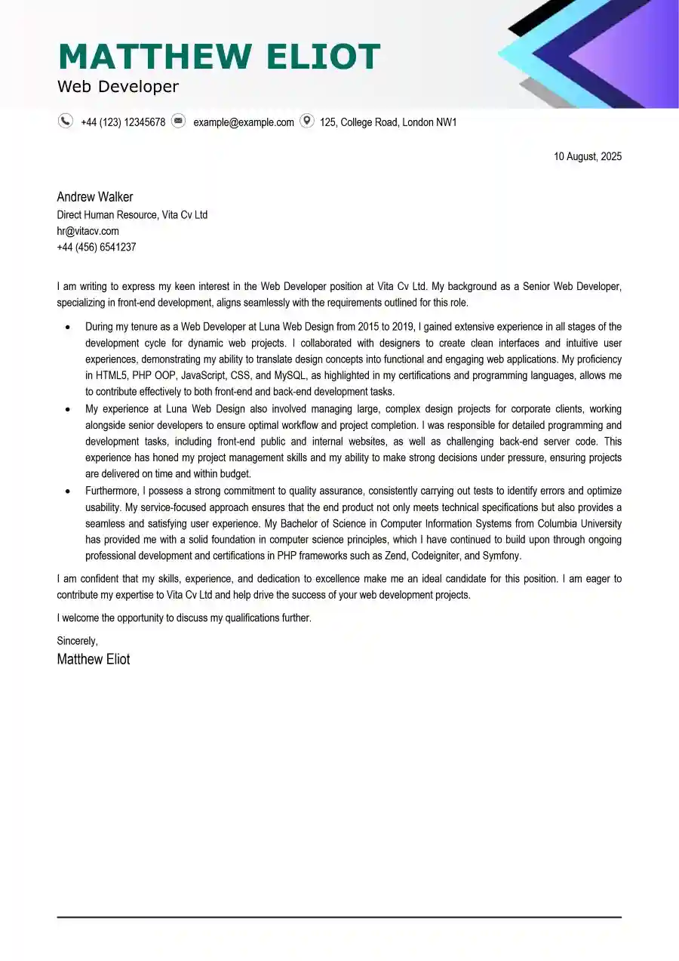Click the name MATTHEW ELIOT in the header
(x=219, y=57)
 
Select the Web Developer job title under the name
(x=118, y=87)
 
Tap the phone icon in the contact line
(x=66, y=121)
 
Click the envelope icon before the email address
(x=178, y=121)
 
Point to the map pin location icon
(x=306, y=121)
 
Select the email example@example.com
(x=244, y=122)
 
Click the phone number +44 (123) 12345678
(x=123, y=122)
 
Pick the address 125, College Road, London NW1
(x=388, y=122)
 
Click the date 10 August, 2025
(x=588, y=156)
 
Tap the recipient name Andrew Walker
(x=95, y=197)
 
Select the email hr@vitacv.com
(x=88, y=231)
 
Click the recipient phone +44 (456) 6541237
(x=97, y=247)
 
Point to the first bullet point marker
(x=68, y=328)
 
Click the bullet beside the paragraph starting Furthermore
(x=68, y=491)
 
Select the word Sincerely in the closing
(x=77, y=641)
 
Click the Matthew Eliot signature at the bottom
(x=94, y=659)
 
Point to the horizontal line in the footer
(x=339, y=917)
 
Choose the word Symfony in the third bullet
(x=501, y=556)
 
